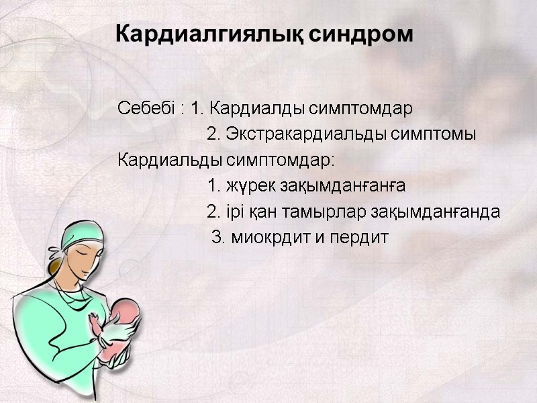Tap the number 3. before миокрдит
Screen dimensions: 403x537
coord(217,238)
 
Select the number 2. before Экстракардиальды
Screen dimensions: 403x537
coord(214,134)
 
